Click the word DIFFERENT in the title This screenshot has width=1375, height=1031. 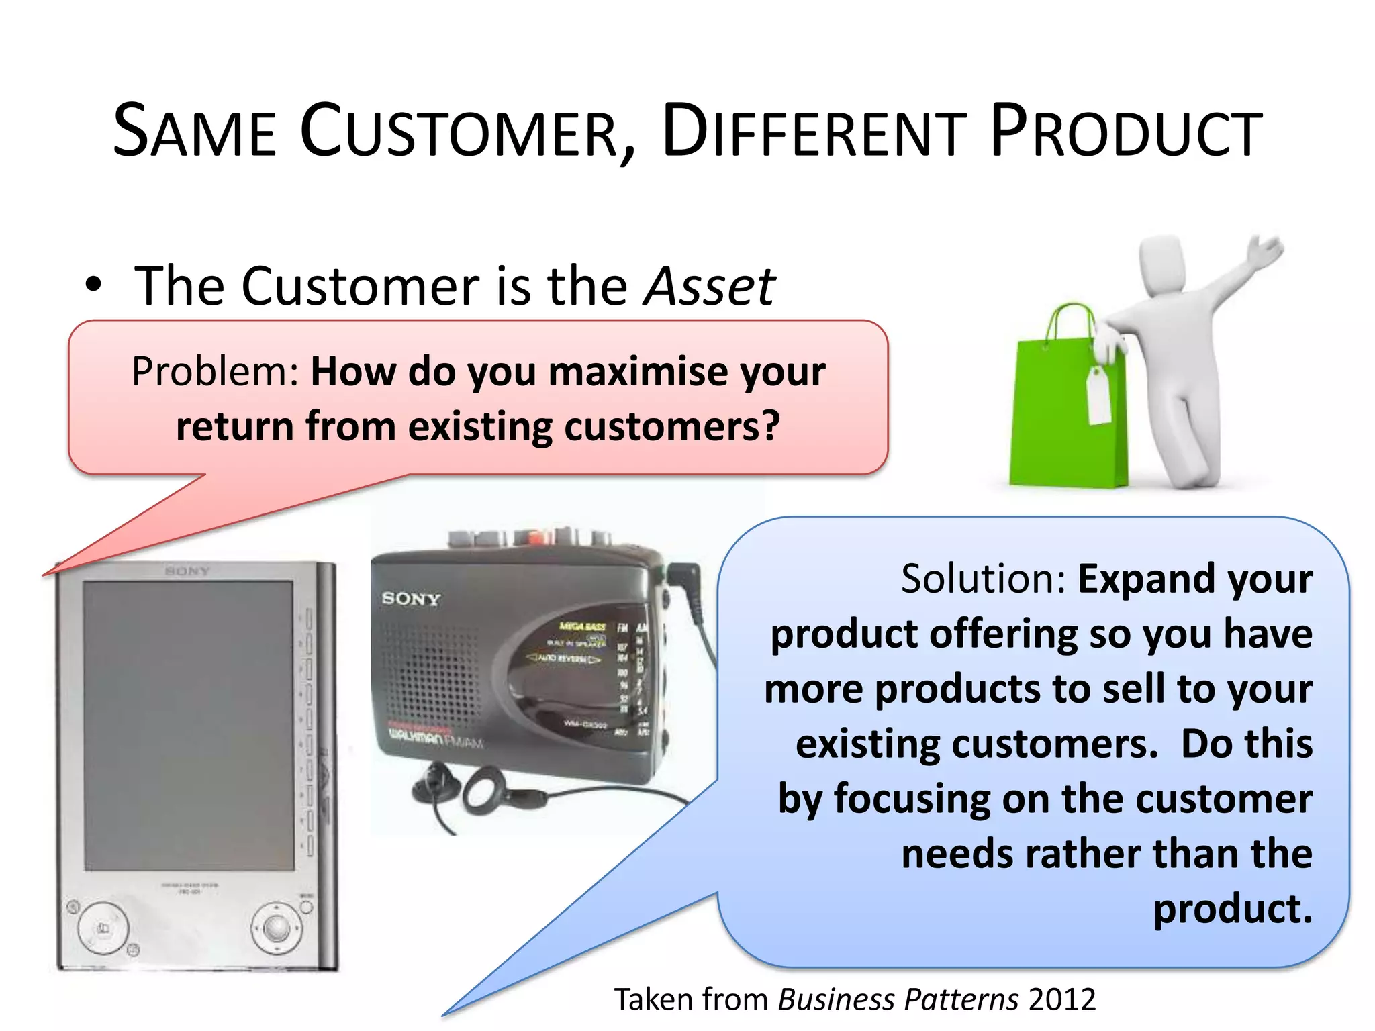coord(814,132)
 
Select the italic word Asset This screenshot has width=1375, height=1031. coord(709,287)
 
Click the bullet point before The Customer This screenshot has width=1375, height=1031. coord(93,285)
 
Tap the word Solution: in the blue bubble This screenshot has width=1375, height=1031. coord(984,579)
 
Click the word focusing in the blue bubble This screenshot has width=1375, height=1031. coord(912,799)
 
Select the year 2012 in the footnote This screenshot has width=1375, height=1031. coord(1062,999)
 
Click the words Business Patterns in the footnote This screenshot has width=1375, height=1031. coord(898,999)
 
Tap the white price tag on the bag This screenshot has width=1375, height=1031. coord(1098,396)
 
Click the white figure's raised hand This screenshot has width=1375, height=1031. coord(1265,252)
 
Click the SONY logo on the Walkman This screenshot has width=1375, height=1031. coord(411,598)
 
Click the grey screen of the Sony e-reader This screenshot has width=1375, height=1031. coord(188,725)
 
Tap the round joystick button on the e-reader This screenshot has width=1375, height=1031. coord(276,928)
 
